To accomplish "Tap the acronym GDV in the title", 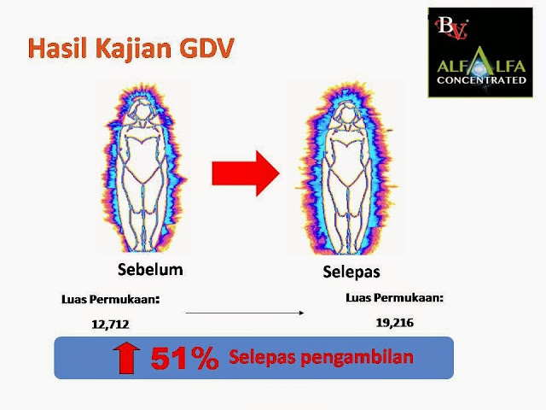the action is (x=206, y=48).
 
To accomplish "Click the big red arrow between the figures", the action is (x=246, y=173).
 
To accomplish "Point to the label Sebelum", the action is (x=150, y=270).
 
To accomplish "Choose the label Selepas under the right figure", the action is (x=351, y=272).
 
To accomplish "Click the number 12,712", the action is (x=110, y=325).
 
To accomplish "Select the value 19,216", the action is (x=395, y=323).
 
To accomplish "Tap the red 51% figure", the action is (x=185, y=359).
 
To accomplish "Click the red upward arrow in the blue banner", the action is (x=126, y=358).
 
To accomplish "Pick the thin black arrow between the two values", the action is (x=245, y=313).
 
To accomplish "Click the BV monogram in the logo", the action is (x=451, y=28).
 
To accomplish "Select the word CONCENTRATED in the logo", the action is (x=481, y=80).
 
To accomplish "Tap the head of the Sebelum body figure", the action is (x=142, y=111).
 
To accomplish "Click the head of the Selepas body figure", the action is (x=347, y=114).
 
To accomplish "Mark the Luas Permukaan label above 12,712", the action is (x=111, y=300).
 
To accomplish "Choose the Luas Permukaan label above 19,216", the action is (x=395, y=298).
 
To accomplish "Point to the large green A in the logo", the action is (x=481, y=65).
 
